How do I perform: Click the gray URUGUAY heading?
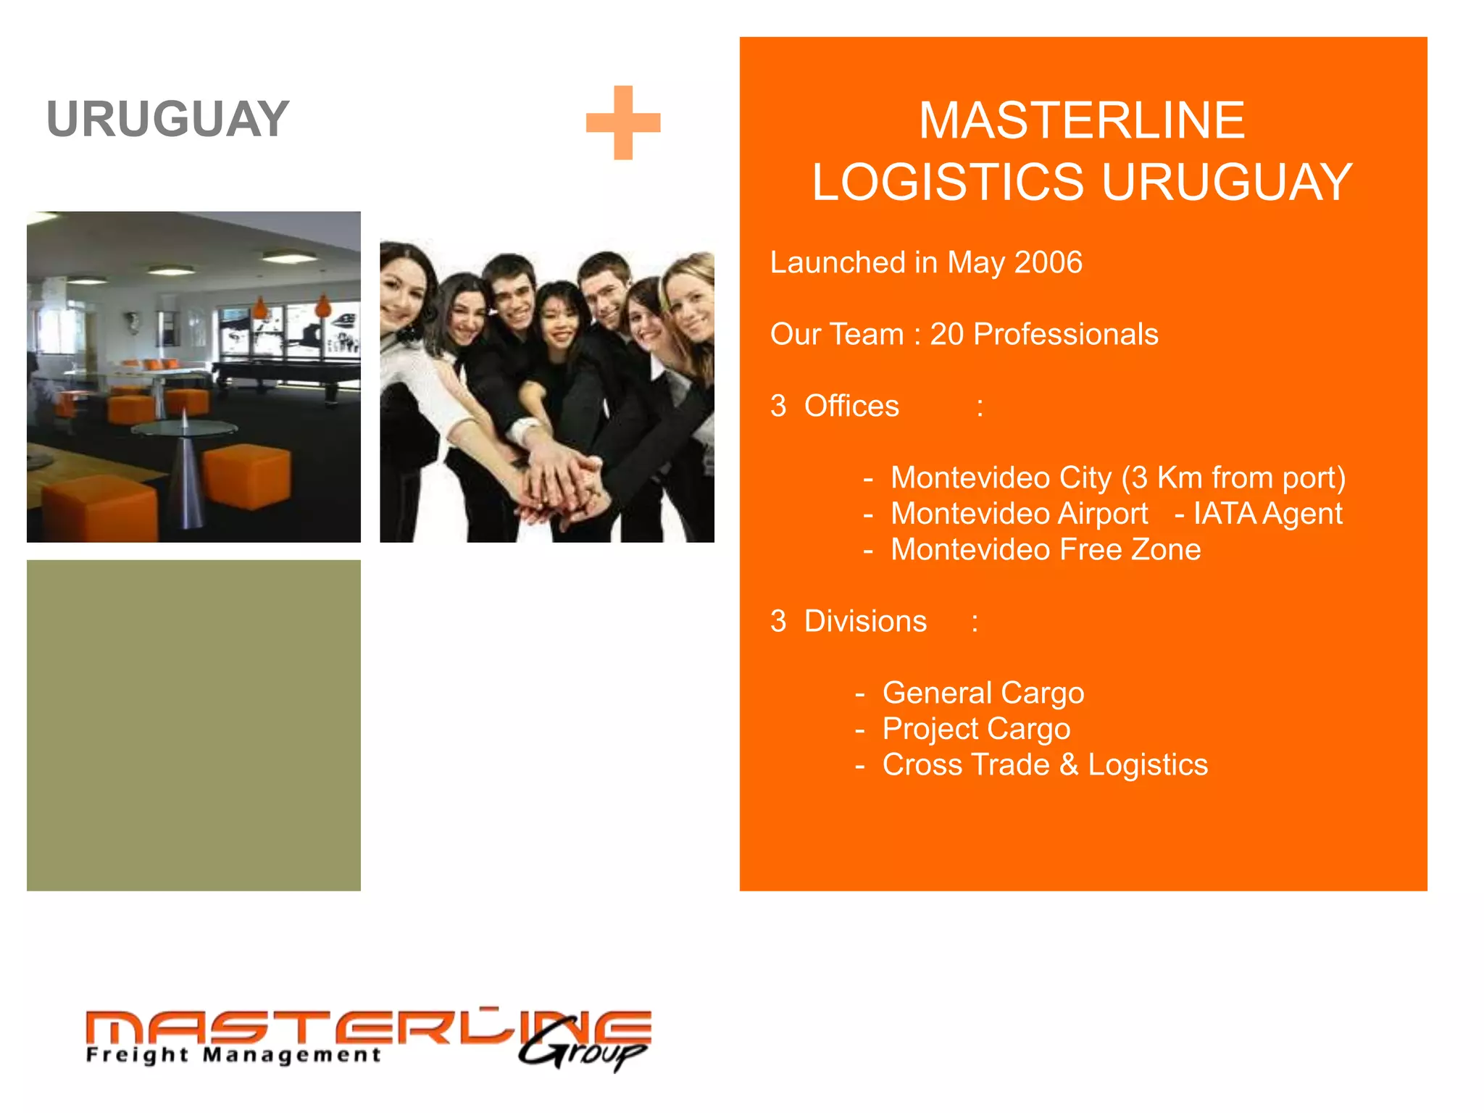click(167, 120)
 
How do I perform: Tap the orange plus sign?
click(623, 122)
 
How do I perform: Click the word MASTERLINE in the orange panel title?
click(1082, 120)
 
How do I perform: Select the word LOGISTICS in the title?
click(947, 182)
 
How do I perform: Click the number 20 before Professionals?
click(946, 334)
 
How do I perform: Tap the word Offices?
click(851, 406)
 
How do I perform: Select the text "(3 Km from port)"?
click(1233, 478)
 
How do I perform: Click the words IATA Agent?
click(1267, 514)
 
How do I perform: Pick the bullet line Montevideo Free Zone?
click(1045, 549)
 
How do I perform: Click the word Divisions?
click(865, 621)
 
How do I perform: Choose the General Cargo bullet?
click(983, 693)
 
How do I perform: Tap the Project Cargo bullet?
click(975, 729)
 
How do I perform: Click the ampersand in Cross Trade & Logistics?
click(1069, 765)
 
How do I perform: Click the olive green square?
click(193, 725)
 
